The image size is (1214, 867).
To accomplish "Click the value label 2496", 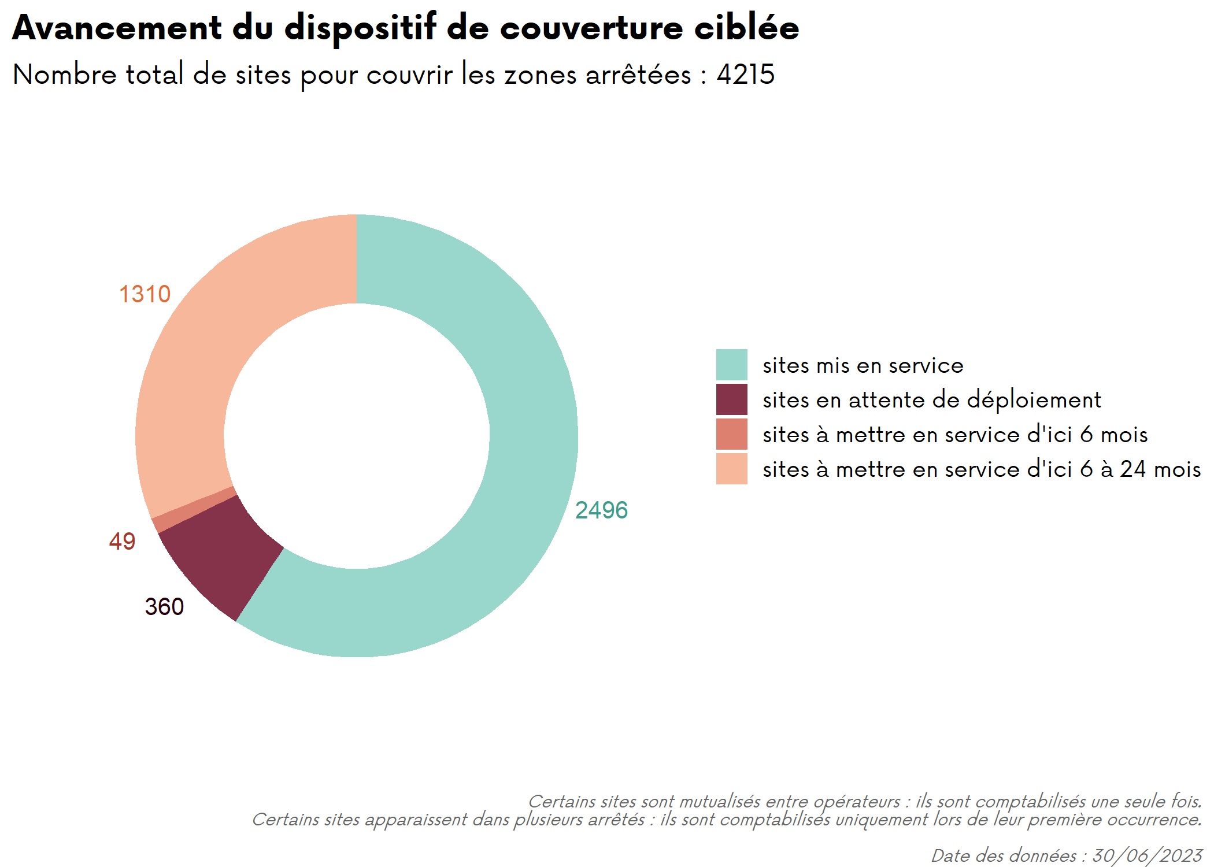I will tap(601, 510).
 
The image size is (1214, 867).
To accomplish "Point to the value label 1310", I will tap(145, 294).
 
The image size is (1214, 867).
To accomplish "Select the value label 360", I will tap(164, 607).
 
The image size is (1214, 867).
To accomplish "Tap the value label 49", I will tap(122, 542).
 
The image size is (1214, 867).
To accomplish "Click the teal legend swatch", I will tap(731, 365).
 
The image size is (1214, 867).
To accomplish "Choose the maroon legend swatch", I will tap(731, 399).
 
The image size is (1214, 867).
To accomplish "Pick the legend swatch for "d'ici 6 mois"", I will tap(731, 434).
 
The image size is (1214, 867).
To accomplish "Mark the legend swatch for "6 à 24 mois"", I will tap(731, 469).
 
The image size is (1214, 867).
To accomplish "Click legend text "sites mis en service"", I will tap(863, 365).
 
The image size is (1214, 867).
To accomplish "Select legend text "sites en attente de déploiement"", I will tap(932, 400).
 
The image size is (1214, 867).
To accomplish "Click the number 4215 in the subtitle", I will tap(746, 74).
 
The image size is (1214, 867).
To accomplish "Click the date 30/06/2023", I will tap(1147, 856).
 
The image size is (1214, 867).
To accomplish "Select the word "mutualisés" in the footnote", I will tap(720, 802).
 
